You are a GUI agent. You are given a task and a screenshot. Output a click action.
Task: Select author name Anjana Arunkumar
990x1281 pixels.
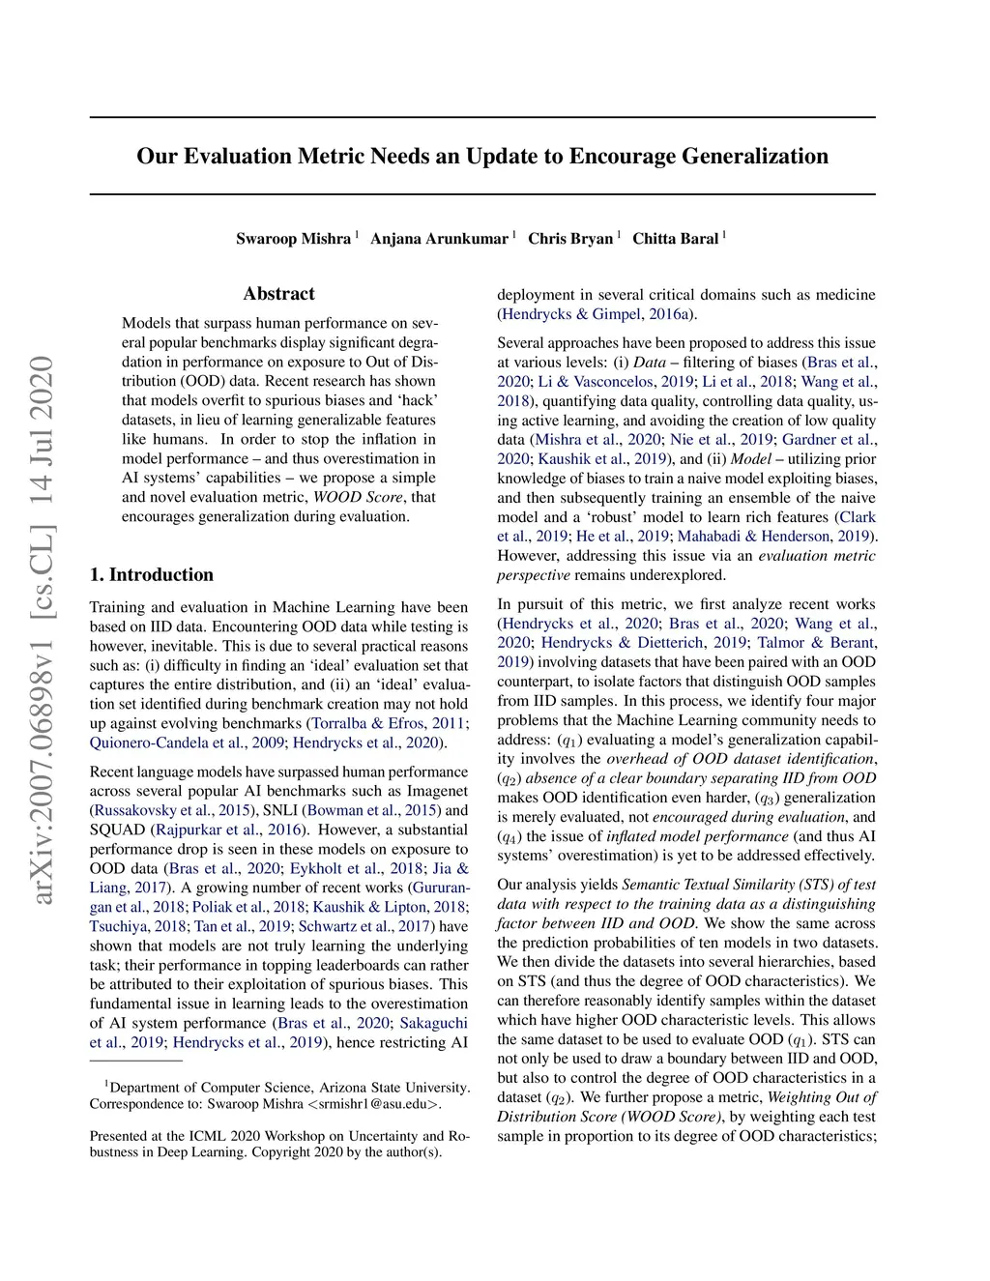[x=439, y=239]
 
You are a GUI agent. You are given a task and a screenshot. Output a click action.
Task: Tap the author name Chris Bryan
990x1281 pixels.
[x=570, y=239]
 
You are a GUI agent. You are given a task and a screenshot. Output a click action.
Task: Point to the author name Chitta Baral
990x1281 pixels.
[x=676, y=239]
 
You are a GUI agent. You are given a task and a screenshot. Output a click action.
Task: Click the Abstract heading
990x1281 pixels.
[x=278, y=294]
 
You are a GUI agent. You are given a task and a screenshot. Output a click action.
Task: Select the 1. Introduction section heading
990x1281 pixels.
[x=152, y=574]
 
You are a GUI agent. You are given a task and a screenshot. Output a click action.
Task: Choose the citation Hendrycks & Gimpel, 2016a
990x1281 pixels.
[x=597, y=314]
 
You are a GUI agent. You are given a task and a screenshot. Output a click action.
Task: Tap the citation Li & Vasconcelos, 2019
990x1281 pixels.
[x=615, y=382]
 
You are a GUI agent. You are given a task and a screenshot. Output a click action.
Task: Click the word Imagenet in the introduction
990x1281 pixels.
[x=436, y=791]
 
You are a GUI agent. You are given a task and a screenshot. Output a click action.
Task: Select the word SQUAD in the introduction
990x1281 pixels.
[x=117, y=830]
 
